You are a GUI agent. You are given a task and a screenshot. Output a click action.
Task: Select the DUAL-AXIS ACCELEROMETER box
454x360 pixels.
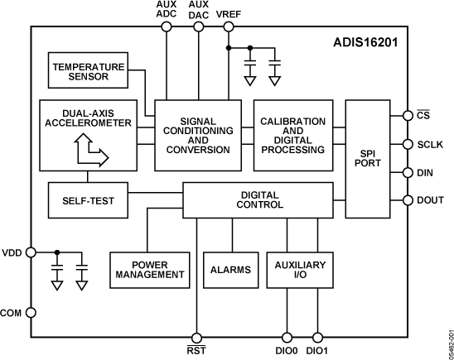[87, 135]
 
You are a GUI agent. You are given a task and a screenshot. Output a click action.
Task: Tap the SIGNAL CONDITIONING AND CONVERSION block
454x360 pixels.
[197, 135]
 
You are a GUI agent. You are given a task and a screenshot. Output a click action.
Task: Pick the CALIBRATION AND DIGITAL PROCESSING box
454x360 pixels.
[292, 135]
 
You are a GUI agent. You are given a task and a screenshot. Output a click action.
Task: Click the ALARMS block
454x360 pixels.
[225, 269]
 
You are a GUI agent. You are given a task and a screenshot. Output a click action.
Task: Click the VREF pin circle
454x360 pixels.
[228, 26]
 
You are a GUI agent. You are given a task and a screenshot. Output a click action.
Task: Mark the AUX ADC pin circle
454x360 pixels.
[166, 26]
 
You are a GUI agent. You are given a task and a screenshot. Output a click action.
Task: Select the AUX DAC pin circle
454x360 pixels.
[198, 26]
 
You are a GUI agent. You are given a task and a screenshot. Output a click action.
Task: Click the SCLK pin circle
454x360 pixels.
[407, 144]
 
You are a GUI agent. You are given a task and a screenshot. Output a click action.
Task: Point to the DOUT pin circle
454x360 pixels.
[407, 199]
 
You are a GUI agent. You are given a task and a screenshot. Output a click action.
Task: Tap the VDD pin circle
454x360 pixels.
[31, 251]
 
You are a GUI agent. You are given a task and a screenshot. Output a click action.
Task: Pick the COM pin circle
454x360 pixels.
[31, 312]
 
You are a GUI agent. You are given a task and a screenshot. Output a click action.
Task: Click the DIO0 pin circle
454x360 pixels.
[287, 337]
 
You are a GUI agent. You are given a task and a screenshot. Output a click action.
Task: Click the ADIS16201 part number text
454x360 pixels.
[369, 40]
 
